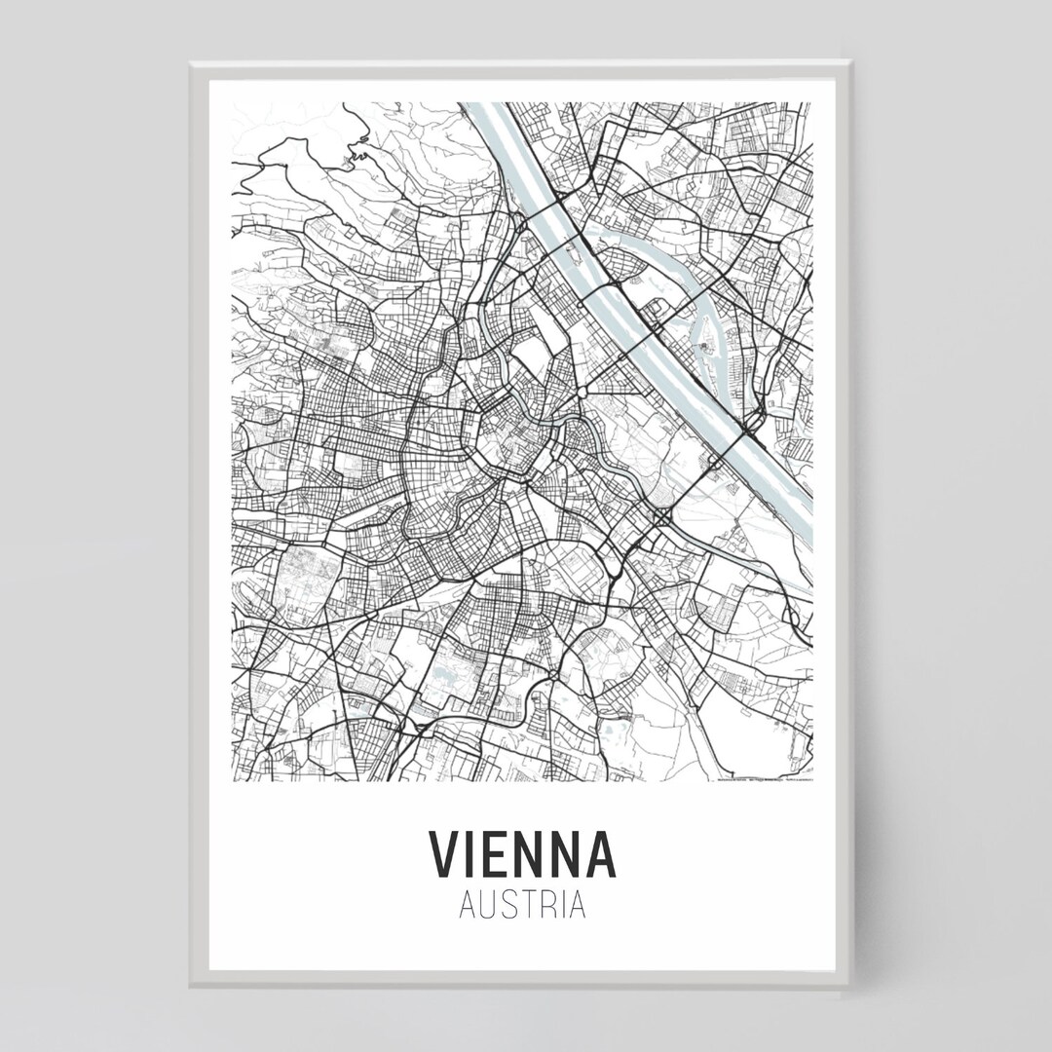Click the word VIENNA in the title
tap(522, 854)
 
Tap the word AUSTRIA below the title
tap(522, 905)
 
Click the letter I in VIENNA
tap(470, 854)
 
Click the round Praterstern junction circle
tap(582, 392)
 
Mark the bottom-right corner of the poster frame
tap(848, 985)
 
